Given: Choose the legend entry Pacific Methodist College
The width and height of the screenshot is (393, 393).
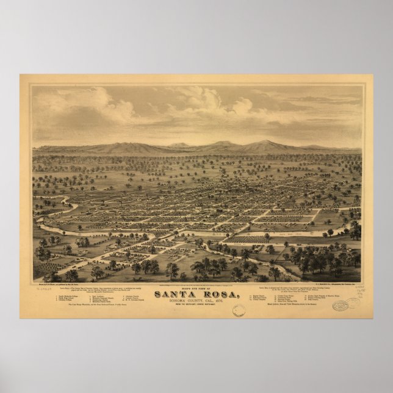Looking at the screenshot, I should pyautogui.click(x=71, y=296).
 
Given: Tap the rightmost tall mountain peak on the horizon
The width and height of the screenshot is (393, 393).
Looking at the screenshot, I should pyautogui.click(x=265, y=143).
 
